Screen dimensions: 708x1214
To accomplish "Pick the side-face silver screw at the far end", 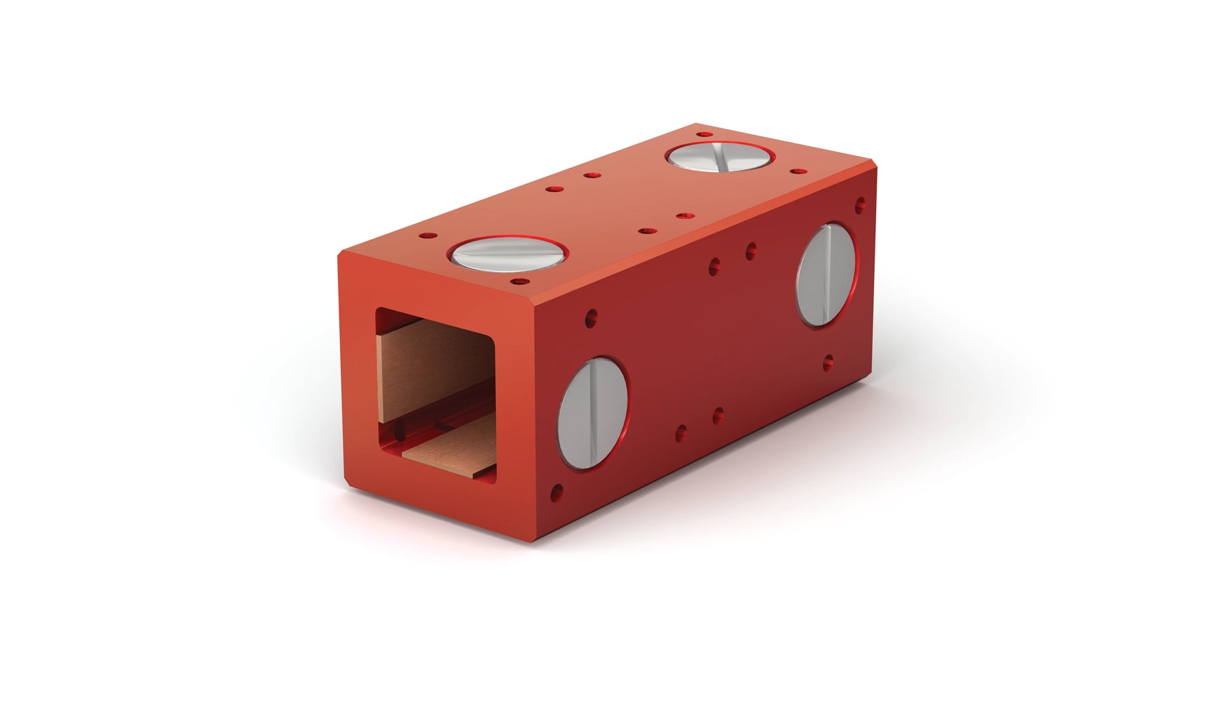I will [x=826, y=274].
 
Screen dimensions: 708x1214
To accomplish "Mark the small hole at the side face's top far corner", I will [x=859, y=205].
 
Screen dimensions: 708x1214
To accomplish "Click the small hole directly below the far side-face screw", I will [x=828, y=363].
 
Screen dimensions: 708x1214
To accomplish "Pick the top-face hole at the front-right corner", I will [x=520, y=281].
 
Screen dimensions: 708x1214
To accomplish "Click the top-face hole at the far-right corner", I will [x=795, y=170].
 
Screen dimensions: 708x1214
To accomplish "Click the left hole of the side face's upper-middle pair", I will [x=714, y=265].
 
